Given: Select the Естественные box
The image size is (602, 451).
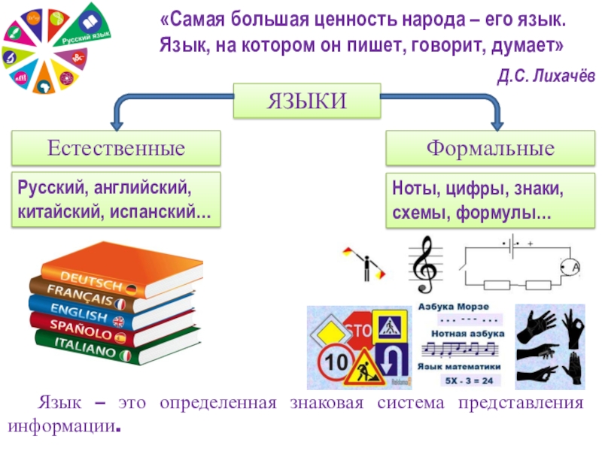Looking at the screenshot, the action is click(x=116, y=148).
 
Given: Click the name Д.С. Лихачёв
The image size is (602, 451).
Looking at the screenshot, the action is click(x=545, y=75).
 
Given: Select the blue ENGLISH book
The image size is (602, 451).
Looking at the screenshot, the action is click(x=83, y=310).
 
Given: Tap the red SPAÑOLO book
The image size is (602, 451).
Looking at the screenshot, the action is click(x=83, y=328).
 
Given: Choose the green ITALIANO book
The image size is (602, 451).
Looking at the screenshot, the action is click(x=90, y=348).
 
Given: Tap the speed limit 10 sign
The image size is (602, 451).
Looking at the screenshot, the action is click(x=332, y=363).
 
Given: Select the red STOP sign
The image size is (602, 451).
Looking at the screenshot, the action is click(x=358, y=330).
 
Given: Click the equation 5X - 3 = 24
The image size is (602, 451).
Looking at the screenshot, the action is click(x=462, y=380).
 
